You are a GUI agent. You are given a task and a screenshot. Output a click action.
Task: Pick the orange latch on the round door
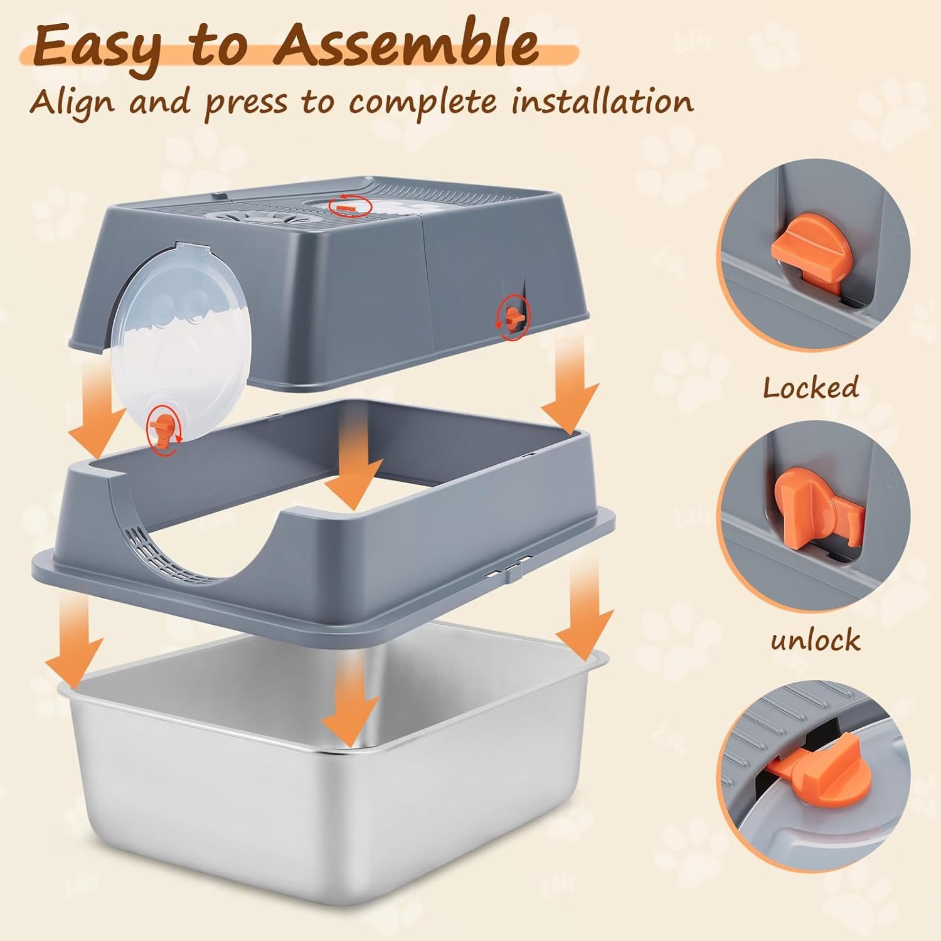(x=161, y=428)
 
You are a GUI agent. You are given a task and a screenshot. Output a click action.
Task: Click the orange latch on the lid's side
(x=513, y=319)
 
